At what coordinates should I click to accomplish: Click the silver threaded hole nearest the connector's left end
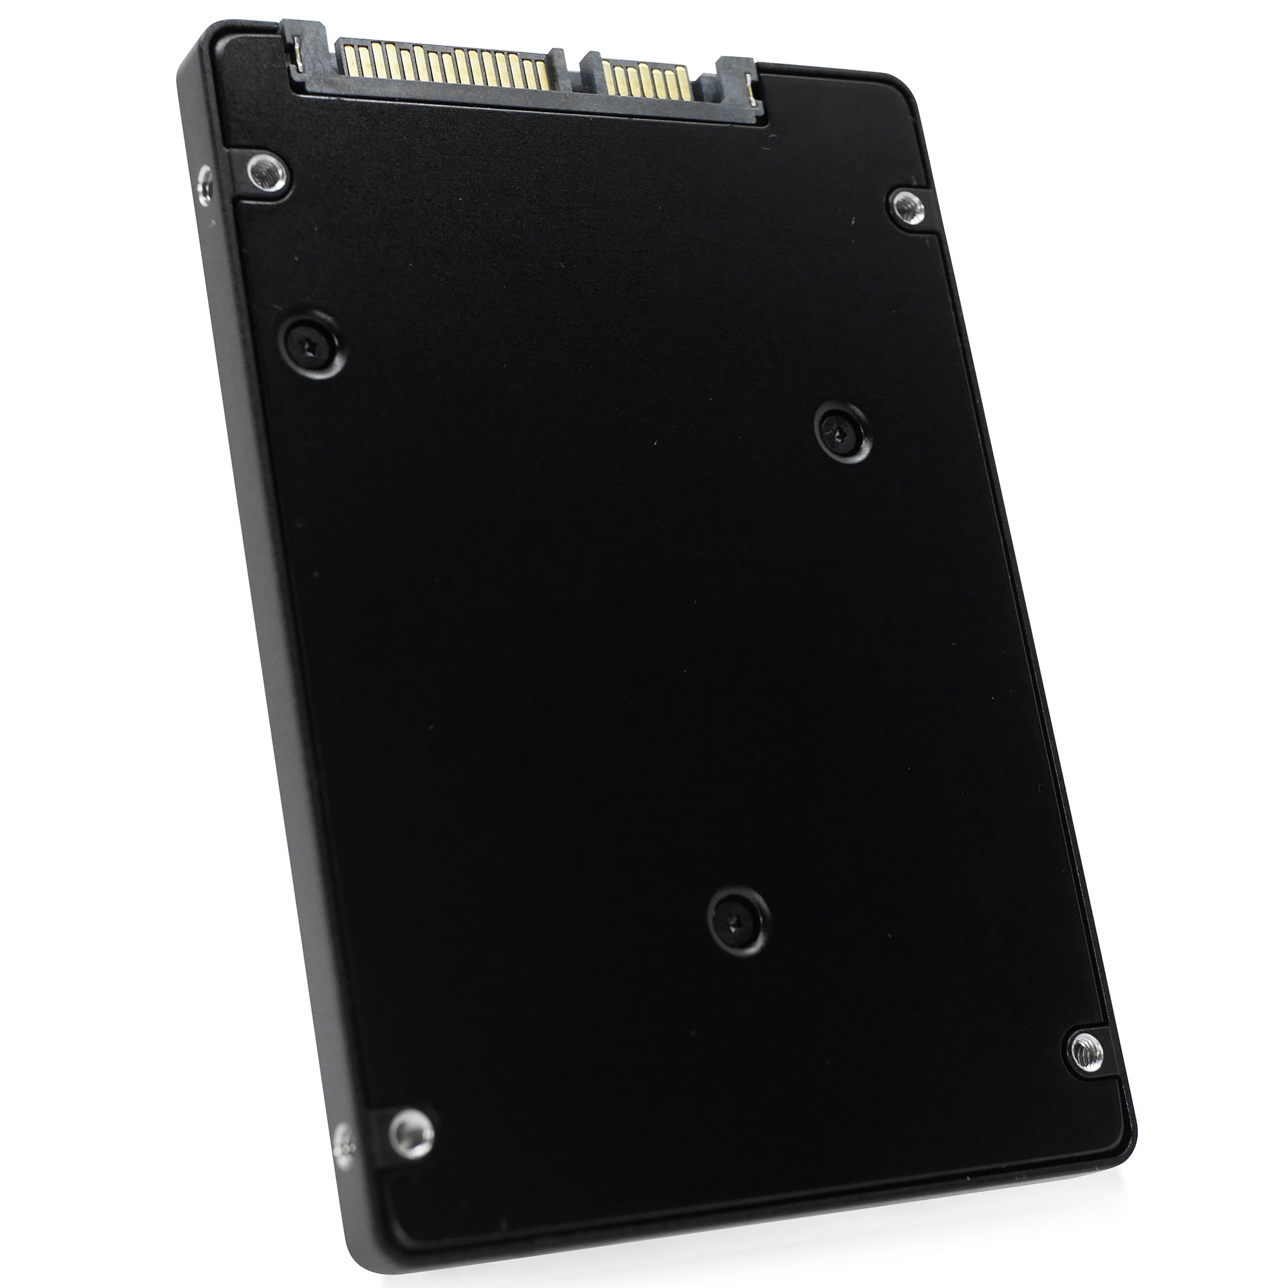tap(267, 173)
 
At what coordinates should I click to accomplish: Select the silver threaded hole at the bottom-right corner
tap(1086, 1053)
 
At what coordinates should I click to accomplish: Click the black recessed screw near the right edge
tap(842, 433)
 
